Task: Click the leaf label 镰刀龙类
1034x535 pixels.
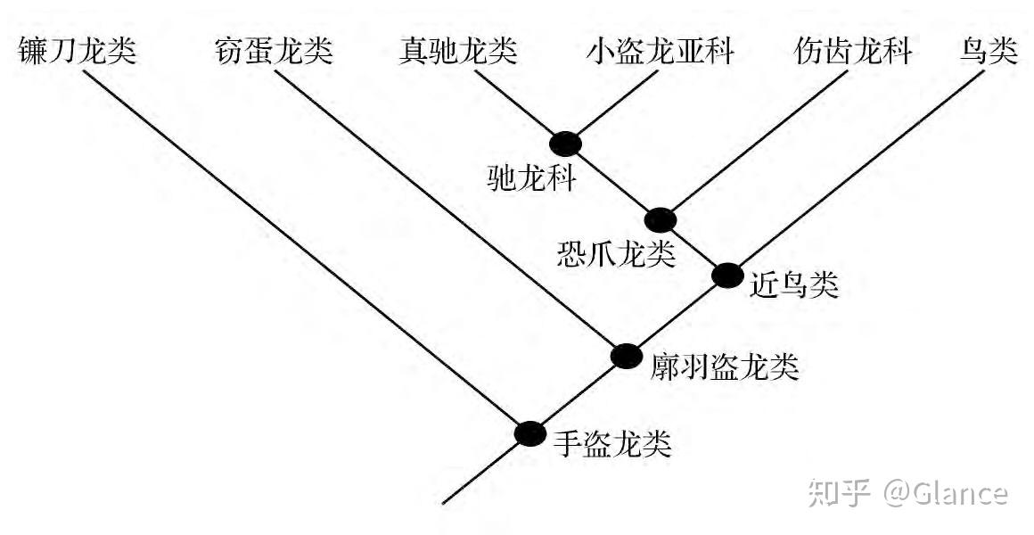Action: pyautogui.click(x=77, y=52)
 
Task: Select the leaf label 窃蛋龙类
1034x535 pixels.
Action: pyautogui.click(x=274, y=52)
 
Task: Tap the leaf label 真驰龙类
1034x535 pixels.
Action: pyautogui.click(x=458, y=52)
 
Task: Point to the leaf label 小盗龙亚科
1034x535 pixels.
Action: pyautogui.click(x=660, y=52)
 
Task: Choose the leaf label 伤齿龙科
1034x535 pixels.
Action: pyautogui.click(x=853, y=52)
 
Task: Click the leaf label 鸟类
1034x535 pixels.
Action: pyautogui.click(x=989, y=52)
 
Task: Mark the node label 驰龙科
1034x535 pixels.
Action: pyautogui.click(x=532, y=179)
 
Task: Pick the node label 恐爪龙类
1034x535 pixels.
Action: pyautogui.click(x=615, y=255)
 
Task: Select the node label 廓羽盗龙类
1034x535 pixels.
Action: pyautogui.click(x=724, y=366)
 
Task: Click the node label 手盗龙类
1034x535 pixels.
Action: pyautogui.click(x=611, y=442)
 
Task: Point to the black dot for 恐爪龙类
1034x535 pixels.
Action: pyautogui.click(x=661, y=218)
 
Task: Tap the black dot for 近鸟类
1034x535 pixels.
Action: pyautogui.click(x=726, y=276)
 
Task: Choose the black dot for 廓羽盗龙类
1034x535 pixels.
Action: pyautogui.click(x=626, y=356)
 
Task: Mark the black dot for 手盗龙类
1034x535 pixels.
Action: pyautogui.click(x=529, y=433)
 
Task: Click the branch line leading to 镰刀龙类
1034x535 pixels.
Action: pyautogui.click(x=303, y=250)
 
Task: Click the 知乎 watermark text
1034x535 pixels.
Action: pyautogui.click(x=838, y=493)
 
